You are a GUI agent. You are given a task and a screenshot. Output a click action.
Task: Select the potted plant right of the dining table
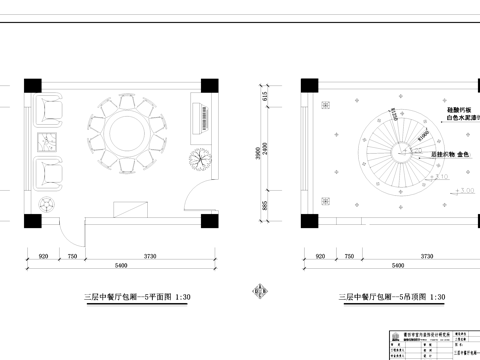pos(201,159)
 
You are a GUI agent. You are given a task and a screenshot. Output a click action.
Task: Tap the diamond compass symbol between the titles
pos(257,293)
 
